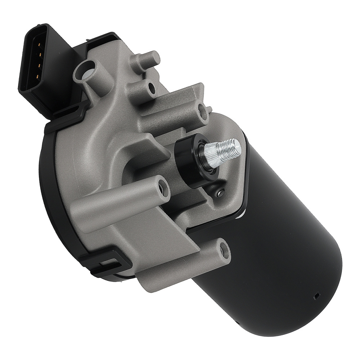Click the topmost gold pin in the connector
[39, 45]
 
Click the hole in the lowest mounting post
[224, 250]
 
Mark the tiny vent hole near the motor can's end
[317, 296]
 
